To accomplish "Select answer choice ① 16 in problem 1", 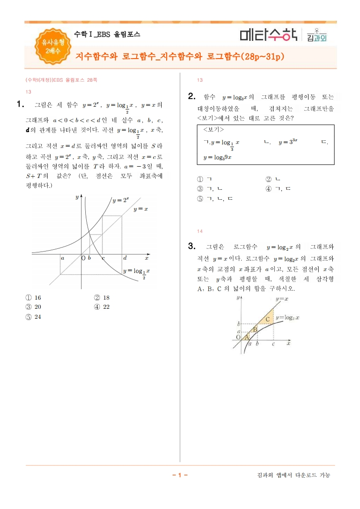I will [x=34, y=298].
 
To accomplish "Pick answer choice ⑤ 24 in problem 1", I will [x=34, y=317].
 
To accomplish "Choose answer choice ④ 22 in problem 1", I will [x=102, y=307].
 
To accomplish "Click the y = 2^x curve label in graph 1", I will [x=121, y=200].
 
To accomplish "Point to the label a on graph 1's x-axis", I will [x=62, y=258].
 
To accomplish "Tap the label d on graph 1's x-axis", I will [x=125, y=258].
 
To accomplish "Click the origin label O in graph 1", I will [x=83, y=258].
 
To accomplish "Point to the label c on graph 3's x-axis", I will [x=273, y=344].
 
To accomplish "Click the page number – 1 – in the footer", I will [x=180, y=475].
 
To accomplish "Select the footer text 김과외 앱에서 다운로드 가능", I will [x=293, y=475].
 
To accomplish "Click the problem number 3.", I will [x=192, y=247].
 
